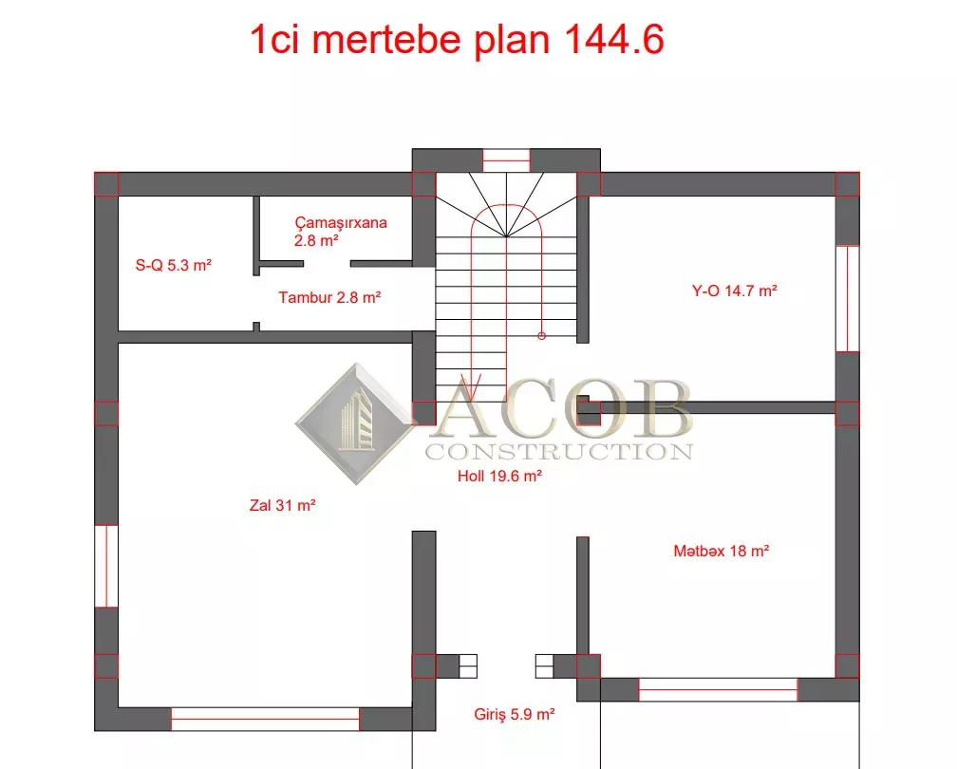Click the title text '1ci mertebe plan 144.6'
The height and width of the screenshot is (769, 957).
click(x=457, y=40)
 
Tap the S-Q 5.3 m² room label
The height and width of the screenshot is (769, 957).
click(x=174, y=265)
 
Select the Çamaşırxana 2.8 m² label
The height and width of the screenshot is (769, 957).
click(x=341, y=232)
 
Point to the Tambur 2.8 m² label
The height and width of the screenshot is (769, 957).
click(x=329, y=297)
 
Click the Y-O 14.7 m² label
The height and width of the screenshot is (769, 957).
click(x=734, y=291)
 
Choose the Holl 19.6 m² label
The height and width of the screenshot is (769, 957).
click(x=499, y=476)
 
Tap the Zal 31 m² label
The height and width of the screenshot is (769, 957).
click(x=282, y=505)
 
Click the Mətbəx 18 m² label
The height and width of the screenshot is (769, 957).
click(x=721, y=551)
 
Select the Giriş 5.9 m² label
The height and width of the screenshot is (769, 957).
click(x=514, y=714)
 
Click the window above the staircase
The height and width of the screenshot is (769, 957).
click(x=506, y=160)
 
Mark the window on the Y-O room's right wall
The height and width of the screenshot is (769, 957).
click(x=847, y=298)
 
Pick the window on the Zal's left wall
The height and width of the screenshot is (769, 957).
click(x=106, y=567)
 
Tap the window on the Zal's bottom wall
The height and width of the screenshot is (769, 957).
click(x=266, y=719)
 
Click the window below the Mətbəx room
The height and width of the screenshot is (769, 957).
click(x=718, y=689)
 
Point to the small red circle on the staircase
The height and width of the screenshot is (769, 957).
click(x=541, y=336)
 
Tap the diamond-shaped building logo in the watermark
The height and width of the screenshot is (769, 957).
click(x=355, y=423)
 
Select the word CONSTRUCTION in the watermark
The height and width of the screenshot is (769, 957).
click(x=559, y=452)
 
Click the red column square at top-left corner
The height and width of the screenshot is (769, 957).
click(x=106, y=184)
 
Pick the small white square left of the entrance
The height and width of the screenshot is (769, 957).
click(x=468, y=666)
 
